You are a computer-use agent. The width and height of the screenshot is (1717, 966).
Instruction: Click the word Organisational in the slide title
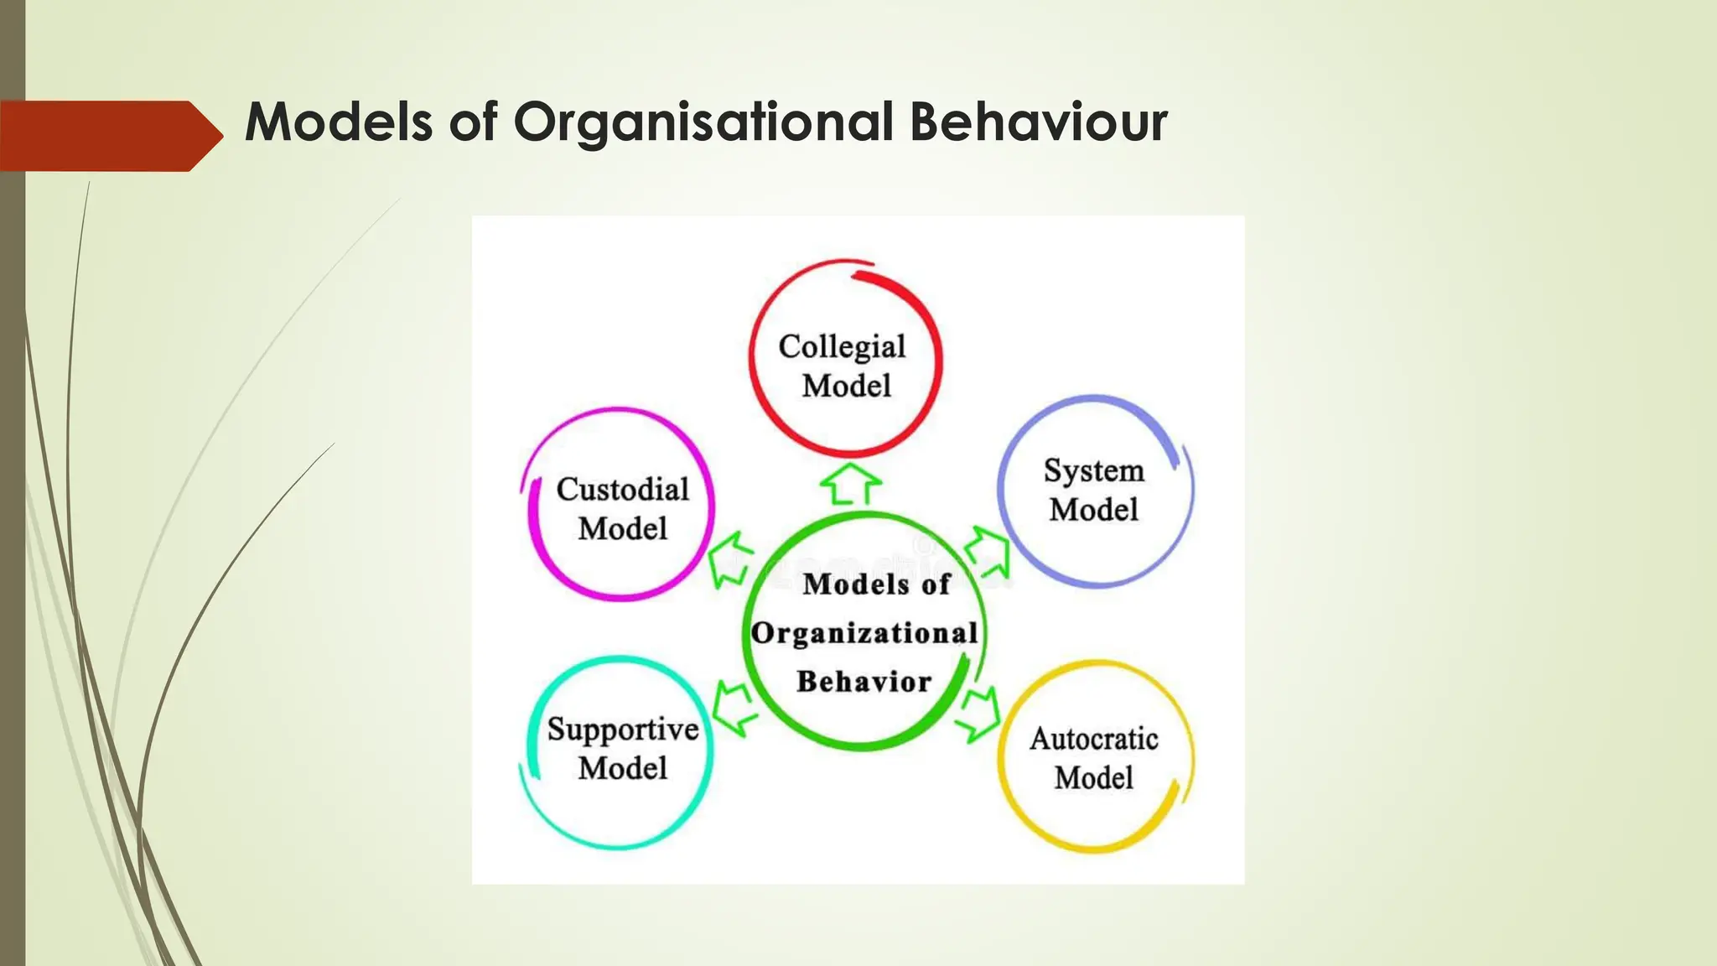tap(703, 122)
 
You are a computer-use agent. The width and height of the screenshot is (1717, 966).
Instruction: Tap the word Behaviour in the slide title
tap(1038, 122)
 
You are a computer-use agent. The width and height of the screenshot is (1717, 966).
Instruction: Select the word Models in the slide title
tap(339, 122)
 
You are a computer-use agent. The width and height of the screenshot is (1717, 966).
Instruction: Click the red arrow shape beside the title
tap(109, 136)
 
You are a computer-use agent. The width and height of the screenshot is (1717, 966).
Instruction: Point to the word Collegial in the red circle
tap(842, 346)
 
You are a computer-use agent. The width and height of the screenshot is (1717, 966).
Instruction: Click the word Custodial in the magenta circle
tap(622, 490)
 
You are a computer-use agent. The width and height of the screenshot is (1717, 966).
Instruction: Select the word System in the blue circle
tap(1093, 470)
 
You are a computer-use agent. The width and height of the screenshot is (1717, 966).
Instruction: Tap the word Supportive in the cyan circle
tap(623, 730)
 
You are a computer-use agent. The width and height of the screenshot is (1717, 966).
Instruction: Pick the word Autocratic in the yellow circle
tap(1094, 739)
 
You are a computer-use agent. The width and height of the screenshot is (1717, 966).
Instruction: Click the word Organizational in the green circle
tap(864, 633)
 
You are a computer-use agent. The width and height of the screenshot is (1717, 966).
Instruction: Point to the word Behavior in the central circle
tap(864, 682)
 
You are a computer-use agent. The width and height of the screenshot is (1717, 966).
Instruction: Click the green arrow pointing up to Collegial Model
tap(850, 484)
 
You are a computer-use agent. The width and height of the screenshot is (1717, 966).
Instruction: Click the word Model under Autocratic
tap(1094, 778)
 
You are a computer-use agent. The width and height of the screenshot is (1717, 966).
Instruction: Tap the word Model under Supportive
tap(623, 768)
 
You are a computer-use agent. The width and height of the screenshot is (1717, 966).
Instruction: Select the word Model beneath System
tap(1093, 510)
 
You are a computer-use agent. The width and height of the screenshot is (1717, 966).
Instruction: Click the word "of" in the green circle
tap(936, 584)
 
